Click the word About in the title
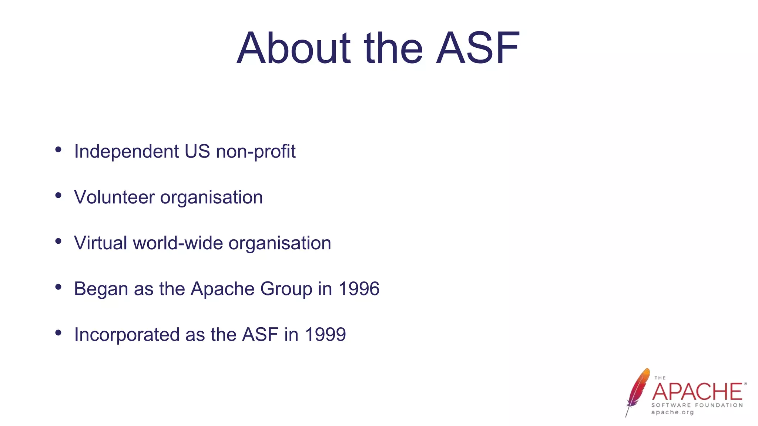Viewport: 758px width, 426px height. [294, 48]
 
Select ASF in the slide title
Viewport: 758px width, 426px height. [478, 48]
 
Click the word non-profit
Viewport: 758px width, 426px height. [256, 152]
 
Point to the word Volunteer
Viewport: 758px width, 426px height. [114, 197]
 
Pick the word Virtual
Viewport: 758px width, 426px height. [100, 243]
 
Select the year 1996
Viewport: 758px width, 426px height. [359, 289]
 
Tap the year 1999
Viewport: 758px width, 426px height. [325, 335]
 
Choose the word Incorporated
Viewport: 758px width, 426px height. [127, 335]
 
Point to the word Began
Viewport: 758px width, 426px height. [101, 289]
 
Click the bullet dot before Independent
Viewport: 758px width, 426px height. [58, 149]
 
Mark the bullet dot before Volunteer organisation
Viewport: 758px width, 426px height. [58, 195]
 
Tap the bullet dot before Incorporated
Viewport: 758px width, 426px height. [58, 333]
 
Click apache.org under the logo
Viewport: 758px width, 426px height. [673, 412]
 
